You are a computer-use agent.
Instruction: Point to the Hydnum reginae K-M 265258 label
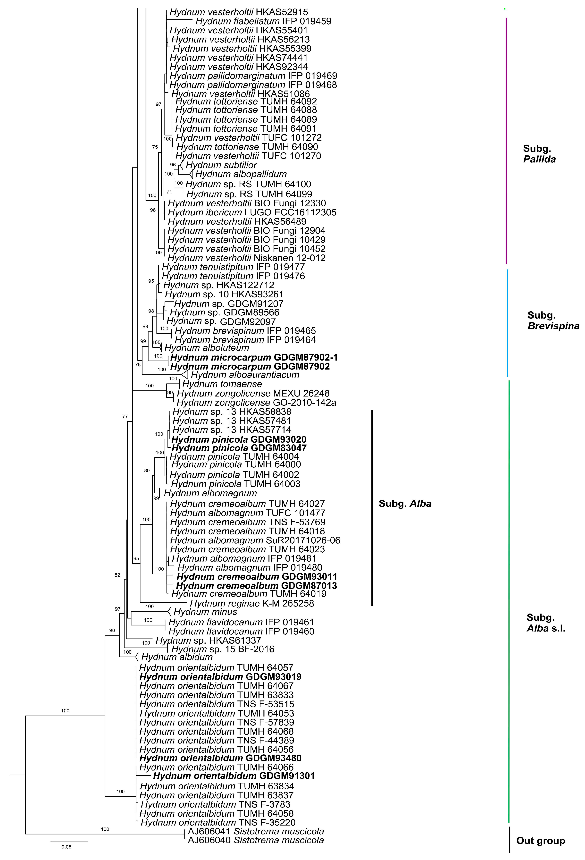coord(252,604)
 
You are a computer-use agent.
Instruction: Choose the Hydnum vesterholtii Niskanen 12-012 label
coord(246,258)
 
